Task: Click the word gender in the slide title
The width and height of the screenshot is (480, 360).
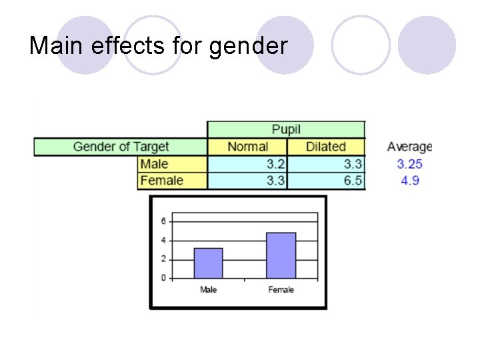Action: click(248, 47)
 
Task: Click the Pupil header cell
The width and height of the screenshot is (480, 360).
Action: click(286, 129)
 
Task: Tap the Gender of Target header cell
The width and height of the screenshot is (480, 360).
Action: click(121, 147)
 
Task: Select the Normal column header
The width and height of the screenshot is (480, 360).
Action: click(247, 147)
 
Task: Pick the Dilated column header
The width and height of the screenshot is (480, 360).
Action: click(325, 147)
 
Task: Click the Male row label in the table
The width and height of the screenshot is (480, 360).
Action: click(155, 164)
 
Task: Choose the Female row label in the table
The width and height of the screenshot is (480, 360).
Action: click(161, 181)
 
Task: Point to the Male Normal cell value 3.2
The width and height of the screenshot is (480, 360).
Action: click(275, 164)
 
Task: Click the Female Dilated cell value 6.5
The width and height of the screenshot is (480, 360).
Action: click(353, 181)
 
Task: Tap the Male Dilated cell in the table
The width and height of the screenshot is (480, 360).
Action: click(353, 164)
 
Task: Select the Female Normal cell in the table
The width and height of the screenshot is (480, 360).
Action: click(275, 181)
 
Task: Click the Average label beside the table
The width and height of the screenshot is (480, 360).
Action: click(409, 147)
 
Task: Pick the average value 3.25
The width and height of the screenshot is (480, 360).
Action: click(409, 164)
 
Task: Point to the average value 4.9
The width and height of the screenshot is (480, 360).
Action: click(410, 181)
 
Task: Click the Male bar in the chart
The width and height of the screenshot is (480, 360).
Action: click(208, 263)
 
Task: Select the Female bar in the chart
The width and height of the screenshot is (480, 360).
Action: click(281, 255)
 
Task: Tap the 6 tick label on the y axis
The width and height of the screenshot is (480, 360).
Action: click(163, 221)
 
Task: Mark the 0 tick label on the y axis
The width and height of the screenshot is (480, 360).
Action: click(163, 278)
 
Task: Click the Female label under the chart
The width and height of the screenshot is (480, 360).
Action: click(281, 290)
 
